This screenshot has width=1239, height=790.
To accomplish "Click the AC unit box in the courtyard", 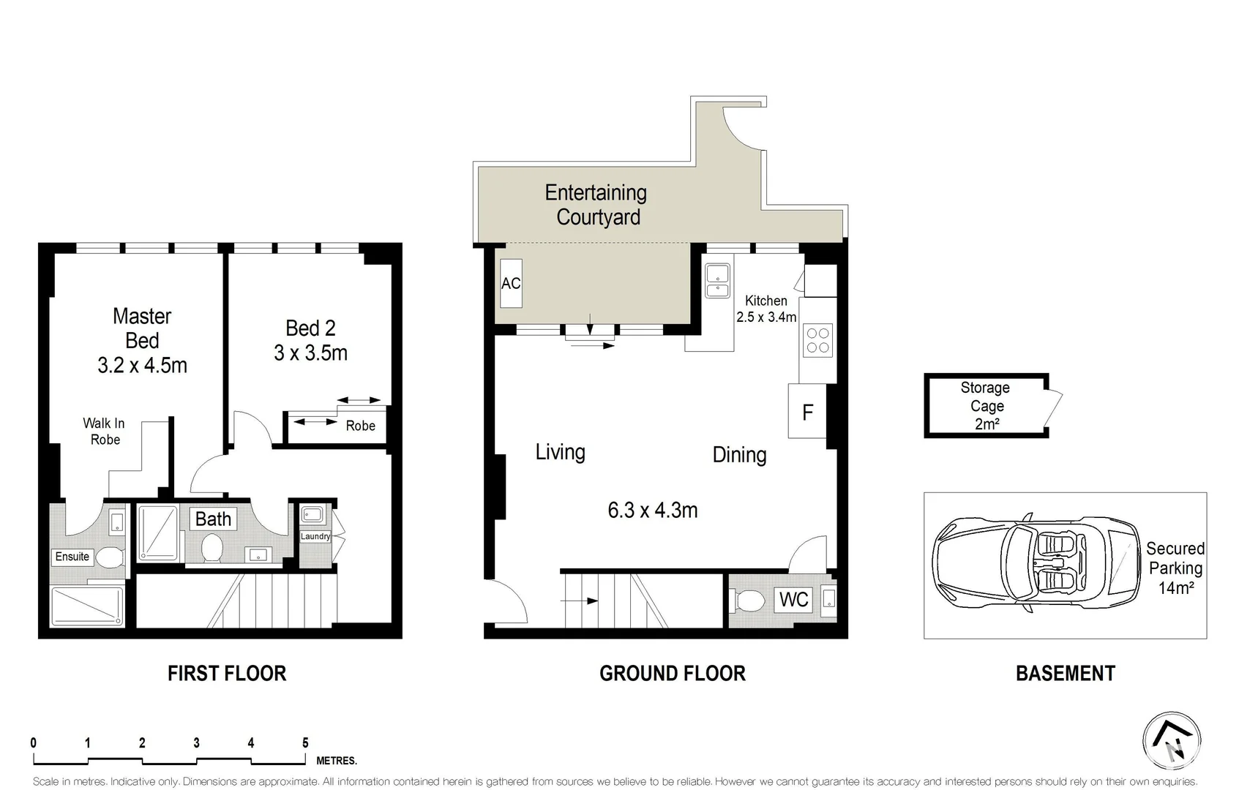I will (x=510, y=283).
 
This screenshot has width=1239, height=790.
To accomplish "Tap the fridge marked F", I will (x=807, y=412).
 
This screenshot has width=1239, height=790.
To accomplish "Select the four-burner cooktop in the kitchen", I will (x=817, y=341).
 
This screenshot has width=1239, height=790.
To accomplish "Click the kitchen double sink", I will (x=717, y=281).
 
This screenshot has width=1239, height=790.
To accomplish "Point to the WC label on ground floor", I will (x=793, y=600).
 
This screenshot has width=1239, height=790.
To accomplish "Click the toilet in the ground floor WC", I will (x=750, y=601).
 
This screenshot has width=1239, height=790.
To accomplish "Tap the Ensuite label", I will (x=72, y=557).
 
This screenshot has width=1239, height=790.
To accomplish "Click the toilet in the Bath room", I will (x=212, y=548).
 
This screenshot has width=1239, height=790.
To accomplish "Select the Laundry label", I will (x=315, y=536).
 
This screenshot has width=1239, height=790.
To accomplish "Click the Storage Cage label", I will (x=985, y=405).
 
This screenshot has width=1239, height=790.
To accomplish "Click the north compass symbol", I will (x=1172, y=740).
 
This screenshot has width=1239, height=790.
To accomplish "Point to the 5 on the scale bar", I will (x=305, y=743).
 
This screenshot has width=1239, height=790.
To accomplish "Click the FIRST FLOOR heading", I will (x=227, y=674).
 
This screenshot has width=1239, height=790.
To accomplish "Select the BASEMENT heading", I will (x=1065, y=674).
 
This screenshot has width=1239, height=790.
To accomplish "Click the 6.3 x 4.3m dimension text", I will (x=652, y=510).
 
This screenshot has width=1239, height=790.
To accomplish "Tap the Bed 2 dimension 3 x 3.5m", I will (x=310, y=353).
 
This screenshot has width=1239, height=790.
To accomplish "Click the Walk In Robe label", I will (x=104, y=431).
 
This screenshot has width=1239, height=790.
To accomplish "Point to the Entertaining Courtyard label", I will (x=596, y=205).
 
